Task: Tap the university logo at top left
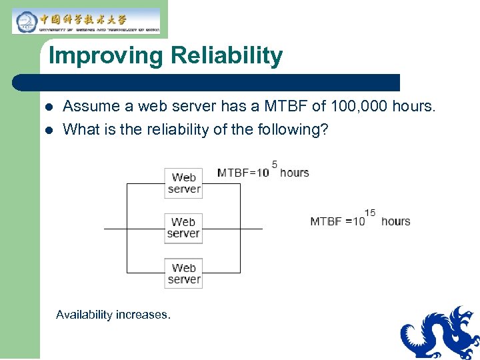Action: click(x=86, y=21)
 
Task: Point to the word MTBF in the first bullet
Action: click(x=283, y=106)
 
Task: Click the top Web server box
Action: click(x=183, y=183)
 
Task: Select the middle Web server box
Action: click(x=183, y=228)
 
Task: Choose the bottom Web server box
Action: click(x=183, y=273)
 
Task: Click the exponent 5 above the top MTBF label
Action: click(x=275, y=163)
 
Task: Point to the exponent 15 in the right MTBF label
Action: click(x=370, y=213)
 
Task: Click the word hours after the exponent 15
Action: click(x=395, y=221)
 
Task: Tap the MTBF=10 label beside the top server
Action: click(x=243, y=173)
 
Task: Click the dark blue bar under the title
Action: click(x=207, y=83)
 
